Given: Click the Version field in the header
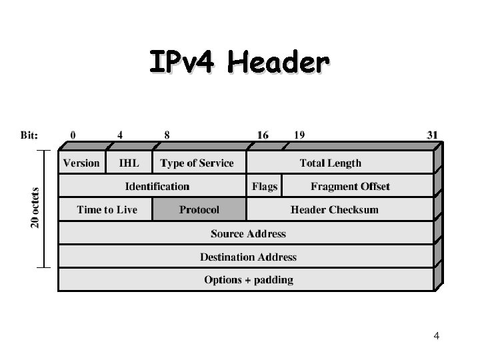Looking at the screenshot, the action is pos(81,163).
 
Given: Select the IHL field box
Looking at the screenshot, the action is pos(129,163).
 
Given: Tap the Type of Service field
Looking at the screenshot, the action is pos(197,163).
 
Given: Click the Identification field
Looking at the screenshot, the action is pos(157,186).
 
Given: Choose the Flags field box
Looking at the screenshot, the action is pos(265,186).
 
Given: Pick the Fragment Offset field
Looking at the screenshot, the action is pos(350,186).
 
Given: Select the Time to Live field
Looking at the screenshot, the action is pos(107,209).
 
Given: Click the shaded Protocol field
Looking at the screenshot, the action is pos(199,209).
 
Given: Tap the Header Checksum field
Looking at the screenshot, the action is pos(334,209).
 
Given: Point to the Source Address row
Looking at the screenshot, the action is pos(248,233).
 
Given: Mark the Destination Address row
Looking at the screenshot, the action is pos(248,257).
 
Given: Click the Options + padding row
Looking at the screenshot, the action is pos(248,279).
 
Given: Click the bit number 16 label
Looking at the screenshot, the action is pos(263,135).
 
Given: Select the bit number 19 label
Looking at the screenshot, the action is pos(299,135).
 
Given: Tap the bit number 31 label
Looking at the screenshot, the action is pos(433,135).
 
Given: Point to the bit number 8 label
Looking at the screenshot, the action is pos(167,135).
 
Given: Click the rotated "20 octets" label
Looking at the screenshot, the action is pos(35,207).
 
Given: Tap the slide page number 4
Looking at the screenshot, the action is pos(437,336).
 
